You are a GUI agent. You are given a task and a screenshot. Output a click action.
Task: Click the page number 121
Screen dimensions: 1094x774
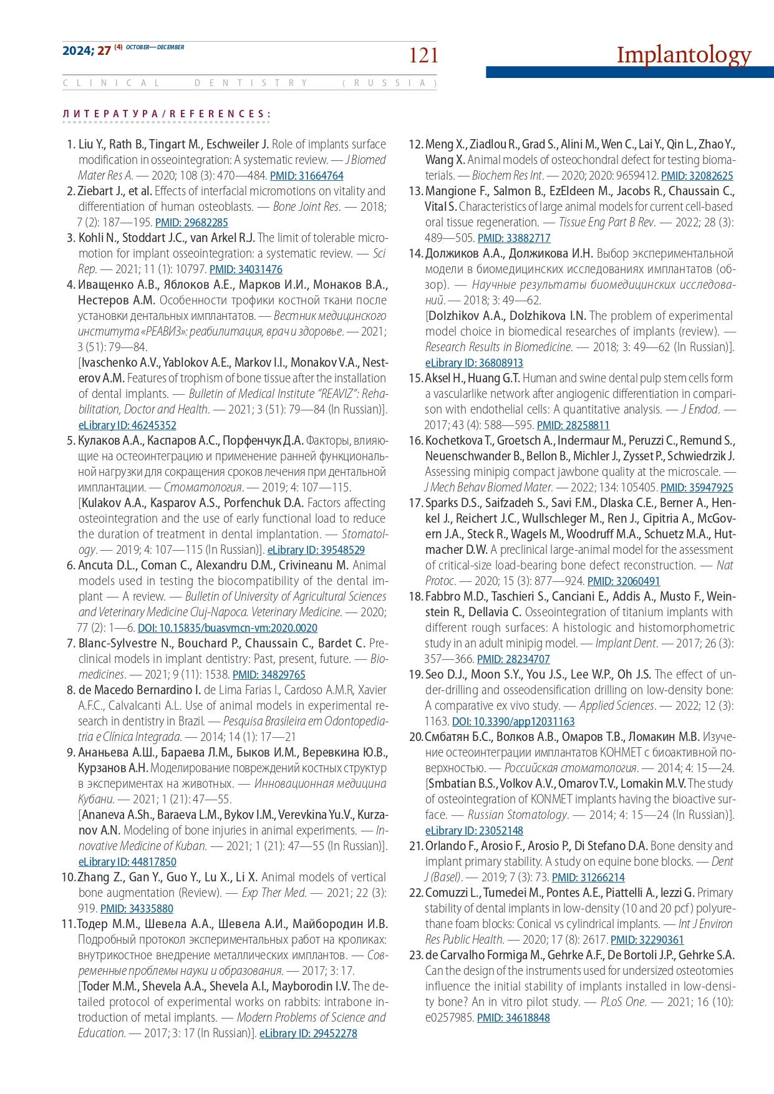[423, 56]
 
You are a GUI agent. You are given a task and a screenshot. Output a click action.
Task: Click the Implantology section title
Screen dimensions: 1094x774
[684, 55]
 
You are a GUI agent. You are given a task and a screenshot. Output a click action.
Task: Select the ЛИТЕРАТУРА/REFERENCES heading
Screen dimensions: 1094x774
[167, 114]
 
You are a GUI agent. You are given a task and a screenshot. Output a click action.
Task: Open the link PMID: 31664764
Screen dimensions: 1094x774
[306, 176]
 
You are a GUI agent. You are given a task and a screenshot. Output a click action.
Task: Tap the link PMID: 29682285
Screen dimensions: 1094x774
[191, 223]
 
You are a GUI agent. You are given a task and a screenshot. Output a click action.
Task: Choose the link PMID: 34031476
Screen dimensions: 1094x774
[246, 269]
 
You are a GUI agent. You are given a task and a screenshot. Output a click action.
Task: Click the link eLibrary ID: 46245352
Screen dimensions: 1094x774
[127, 425]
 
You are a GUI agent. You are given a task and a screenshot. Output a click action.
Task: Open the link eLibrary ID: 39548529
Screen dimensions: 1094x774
[316, 550]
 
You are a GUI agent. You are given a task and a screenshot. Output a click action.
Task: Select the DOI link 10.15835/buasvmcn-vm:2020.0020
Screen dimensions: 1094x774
[227, 628]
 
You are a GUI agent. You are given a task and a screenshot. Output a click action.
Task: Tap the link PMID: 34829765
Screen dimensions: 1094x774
[269, 675]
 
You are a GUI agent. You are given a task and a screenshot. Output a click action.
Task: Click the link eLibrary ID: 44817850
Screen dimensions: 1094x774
[127, 862]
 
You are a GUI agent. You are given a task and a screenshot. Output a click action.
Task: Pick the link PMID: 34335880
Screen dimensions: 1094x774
[137, 909]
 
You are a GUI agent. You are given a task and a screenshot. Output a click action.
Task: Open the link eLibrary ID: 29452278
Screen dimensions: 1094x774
[308, 1033]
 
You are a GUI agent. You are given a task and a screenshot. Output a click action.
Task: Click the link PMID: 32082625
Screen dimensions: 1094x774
[697, 176]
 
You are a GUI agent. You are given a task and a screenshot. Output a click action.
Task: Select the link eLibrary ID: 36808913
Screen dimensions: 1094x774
[474, 363]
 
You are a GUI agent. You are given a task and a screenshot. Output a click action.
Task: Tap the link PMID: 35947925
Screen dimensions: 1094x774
[697, 488]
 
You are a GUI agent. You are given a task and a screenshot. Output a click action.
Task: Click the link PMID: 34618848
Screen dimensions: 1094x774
[513, 1018]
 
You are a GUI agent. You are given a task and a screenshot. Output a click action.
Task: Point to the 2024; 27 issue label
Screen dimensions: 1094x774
[86, 51]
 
